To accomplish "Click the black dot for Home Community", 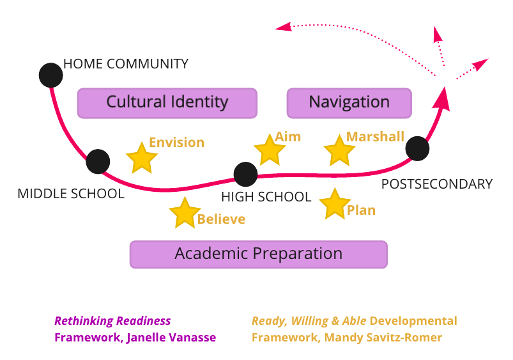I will click(x=50, y=75).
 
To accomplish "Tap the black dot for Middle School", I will click(x=98, y=161).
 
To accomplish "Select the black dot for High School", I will click(x=245, y=174).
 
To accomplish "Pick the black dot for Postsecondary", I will click(x=417, y=148).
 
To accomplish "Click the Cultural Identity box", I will click(x=167, y=102).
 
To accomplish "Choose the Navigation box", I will click(x=349, y=102).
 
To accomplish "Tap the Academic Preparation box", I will click(x=259, y=254).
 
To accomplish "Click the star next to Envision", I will click(x=141, y=158).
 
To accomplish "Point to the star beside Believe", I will click(x=185, y=213).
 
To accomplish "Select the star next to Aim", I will click(x=270, y=150).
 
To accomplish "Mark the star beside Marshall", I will click(x=339, y=151).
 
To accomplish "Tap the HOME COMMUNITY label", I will click(x=126, y=64).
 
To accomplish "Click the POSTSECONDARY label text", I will click(x=437, y=184).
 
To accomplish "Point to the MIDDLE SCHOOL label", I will click(x=71, y=193).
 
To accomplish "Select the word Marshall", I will click(x=375, y=137).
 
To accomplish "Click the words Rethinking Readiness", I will click(x=112, y=321).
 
